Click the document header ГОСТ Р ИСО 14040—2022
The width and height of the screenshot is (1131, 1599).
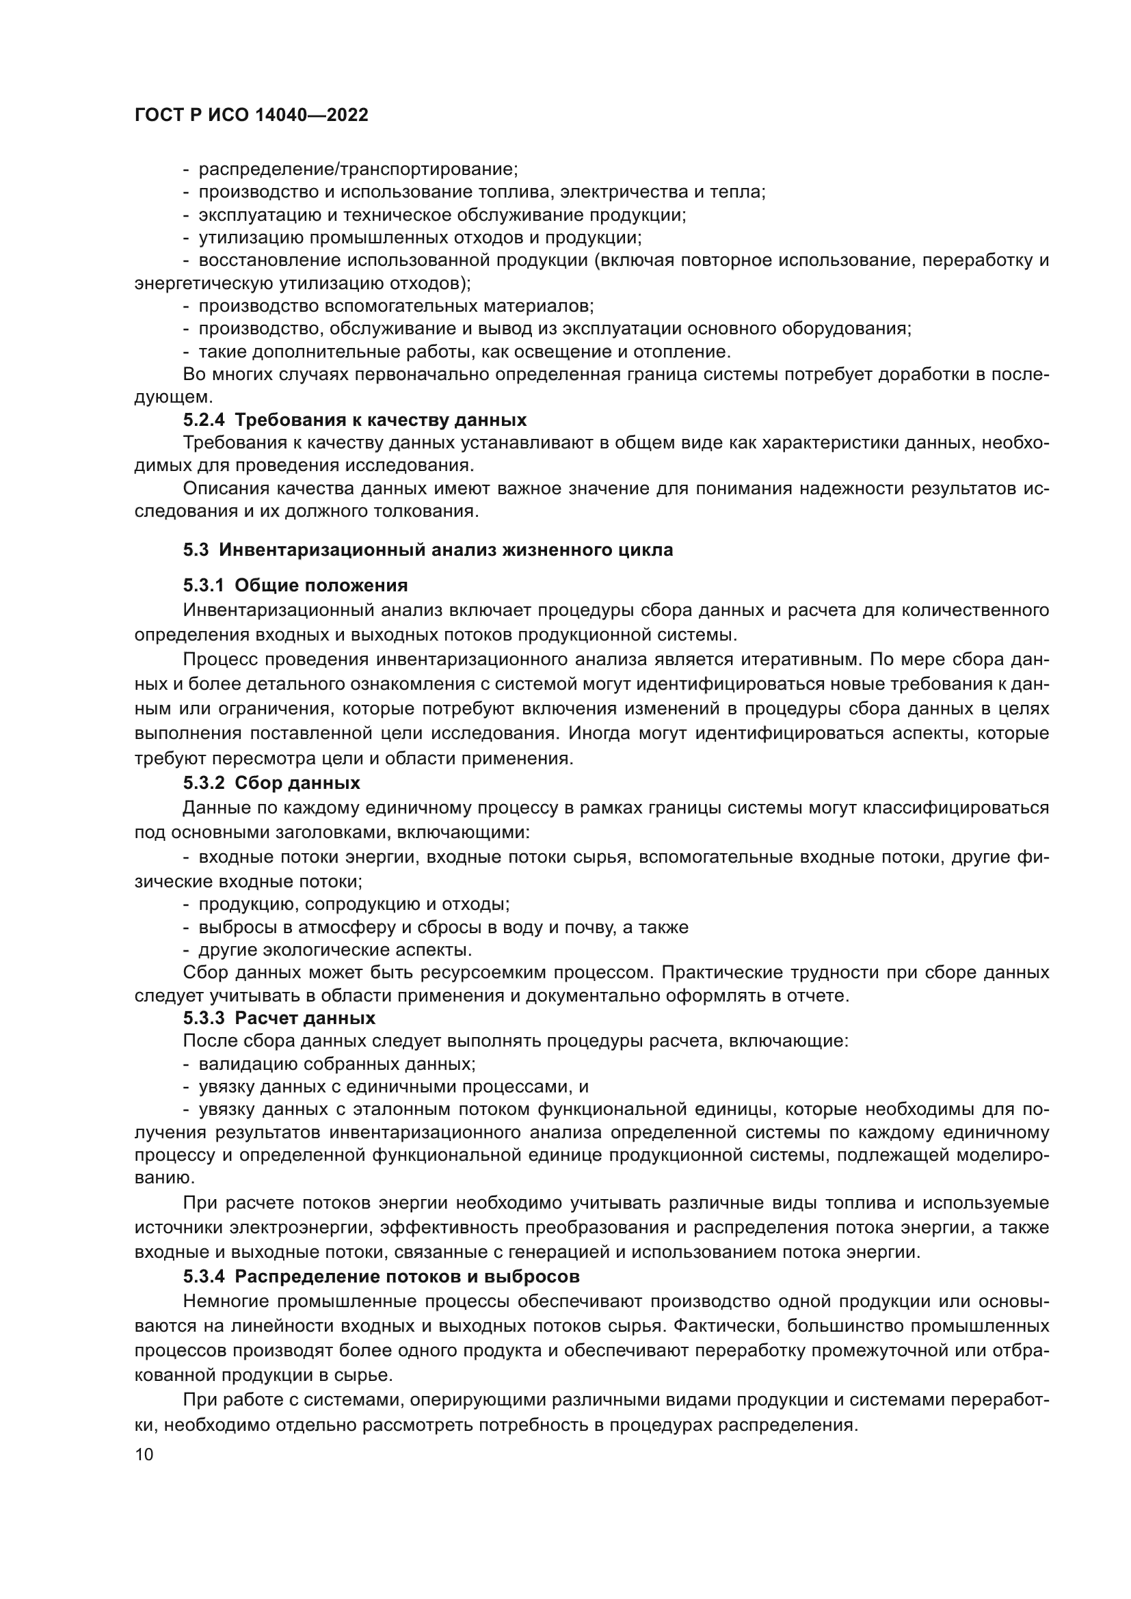click(252, 116)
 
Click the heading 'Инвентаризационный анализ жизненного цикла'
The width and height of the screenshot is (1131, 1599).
click(446, 550)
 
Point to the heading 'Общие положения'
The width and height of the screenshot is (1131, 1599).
click(321, 585)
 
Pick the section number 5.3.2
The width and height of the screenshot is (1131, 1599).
click(204, 783)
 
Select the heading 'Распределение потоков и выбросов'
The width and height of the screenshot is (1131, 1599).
click(408, 1277)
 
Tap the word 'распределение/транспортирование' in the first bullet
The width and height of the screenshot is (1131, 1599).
click(358, 170)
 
